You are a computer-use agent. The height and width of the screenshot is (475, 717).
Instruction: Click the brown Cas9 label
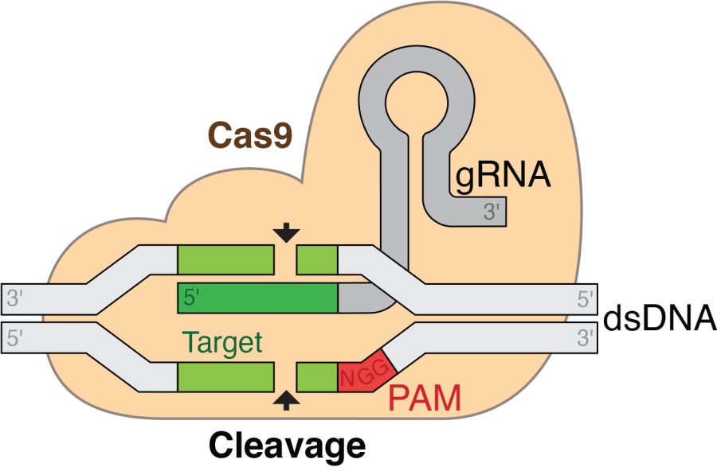coord(250,134)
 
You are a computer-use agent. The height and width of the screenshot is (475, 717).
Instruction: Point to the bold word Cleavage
coord(288,445)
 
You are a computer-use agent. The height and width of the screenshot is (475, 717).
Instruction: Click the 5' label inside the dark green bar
coord(192,298)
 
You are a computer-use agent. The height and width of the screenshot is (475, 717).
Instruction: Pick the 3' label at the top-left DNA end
coord(15,299)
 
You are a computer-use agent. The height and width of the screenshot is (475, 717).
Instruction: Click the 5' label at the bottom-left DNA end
coord(15,338)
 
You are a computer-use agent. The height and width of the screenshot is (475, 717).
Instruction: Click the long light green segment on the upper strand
coord(225,259)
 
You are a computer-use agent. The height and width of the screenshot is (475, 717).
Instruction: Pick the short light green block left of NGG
coord(317,376)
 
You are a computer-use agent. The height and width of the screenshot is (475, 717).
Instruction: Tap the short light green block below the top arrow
coord(317,259)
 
